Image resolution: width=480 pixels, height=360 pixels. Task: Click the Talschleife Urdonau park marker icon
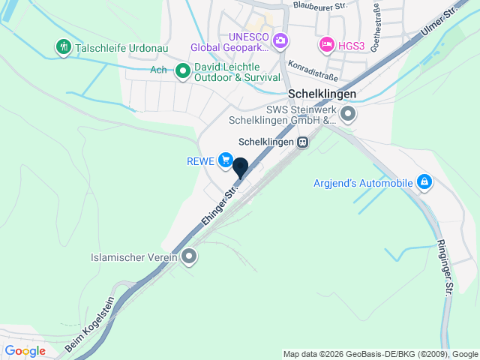pos(63,47)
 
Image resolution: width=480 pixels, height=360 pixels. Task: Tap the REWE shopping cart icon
pos(225,160)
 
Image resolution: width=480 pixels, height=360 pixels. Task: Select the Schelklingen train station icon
pos(302,142)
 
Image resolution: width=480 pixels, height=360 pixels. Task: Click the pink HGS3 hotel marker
pos(326,45)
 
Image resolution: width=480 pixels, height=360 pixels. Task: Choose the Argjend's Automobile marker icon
pos(424,181)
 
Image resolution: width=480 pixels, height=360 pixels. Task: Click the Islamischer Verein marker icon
pos(189,257)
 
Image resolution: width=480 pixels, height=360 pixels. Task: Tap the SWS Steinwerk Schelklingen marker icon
pos(347,115)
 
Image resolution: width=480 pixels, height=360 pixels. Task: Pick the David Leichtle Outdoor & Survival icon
pos(182,73)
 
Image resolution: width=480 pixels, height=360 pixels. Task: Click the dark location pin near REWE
pos(241,168)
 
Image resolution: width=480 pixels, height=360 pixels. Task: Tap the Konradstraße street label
pos(313,70)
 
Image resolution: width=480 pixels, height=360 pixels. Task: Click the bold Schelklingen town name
pos(321,95)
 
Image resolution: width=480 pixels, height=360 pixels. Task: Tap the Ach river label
pos(158,70)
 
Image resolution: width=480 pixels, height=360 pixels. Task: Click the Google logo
pos(25,351)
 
